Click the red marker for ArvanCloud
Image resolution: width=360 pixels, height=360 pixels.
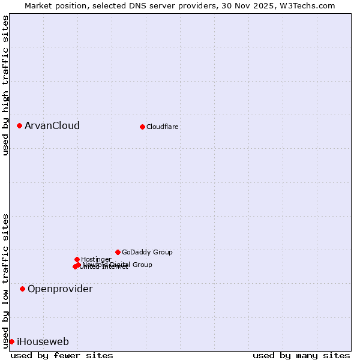[19, 125]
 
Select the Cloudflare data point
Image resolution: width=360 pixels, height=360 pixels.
[142, 127]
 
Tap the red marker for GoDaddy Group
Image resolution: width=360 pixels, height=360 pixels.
[118, 252]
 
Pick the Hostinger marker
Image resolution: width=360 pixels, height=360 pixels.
[77, 259]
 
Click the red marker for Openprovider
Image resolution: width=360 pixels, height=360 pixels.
[22, 289]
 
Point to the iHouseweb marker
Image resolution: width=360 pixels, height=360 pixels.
[11, 341]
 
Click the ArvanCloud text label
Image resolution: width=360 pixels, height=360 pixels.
[52, 126]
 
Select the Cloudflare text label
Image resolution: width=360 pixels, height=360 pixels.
[162, 127]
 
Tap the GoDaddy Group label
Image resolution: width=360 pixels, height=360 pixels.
[147, 253]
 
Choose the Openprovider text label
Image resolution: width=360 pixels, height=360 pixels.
[60, 289]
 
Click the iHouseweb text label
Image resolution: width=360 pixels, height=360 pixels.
[43, 342]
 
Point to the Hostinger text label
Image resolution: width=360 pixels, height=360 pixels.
[96, 260]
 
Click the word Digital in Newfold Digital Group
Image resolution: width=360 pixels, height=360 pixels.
[119, 265]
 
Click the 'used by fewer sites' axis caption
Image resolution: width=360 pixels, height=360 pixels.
[62, 356]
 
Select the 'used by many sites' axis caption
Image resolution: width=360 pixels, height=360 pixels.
[301, 356]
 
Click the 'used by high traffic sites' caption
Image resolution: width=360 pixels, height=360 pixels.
[5, 86]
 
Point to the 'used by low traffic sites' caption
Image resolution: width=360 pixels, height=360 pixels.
[5, 280]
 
